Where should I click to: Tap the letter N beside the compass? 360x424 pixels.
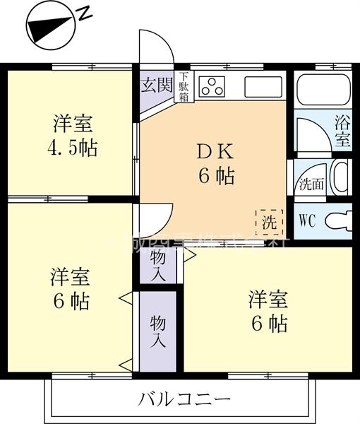click(x=85, y=12)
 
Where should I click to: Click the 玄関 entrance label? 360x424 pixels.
click(x=157, y=86)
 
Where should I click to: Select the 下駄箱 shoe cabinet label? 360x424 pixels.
click(x=184, y=87)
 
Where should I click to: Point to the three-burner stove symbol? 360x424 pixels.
click(x=211, y=86)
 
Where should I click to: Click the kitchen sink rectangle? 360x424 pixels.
click(x=263, y=87)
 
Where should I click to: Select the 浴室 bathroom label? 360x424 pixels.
click(x=342, y=130)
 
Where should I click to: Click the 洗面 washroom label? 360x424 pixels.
click(x=311, y=185)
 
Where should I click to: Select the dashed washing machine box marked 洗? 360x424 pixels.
click(x=269, y=222)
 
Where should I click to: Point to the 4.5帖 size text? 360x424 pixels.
click(x=72, y=149)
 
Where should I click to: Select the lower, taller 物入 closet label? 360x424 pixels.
click(x=158, y=330)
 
